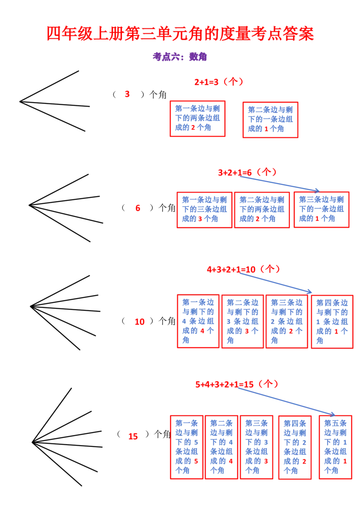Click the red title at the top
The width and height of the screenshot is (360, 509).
pyautogui.click(x=180, y=34)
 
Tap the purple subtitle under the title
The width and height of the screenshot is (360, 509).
pyautogui.click(x=180, y=57)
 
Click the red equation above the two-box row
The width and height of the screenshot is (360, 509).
pyautogui.click(x=219, y=82)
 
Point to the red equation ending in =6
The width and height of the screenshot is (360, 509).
pyautogui.click(x=247, y=172)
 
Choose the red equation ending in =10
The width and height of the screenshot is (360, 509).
pyautogui.click(x=243, y=269)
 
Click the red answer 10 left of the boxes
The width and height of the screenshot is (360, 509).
pyautogui.click(x=140, y=322)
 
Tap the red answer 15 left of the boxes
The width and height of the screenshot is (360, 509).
pyautogui.click(x=133, y=436)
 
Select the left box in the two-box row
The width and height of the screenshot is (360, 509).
pyautogui.click(x=198, y=119)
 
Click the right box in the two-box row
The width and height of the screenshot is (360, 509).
pyautogui.click(x=270, y=119)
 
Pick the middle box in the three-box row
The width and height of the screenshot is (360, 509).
pyautogui.click(x=262, y=210)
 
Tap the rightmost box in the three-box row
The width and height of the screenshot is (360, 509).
pyautogui.click(x=322, y=210)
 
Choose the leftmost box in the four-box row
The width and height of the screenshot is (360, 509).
pyautogui.click(x=198, y=321)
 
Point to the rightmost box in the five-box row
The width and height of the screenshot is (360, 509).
pyautogui.click(x=335, y=447)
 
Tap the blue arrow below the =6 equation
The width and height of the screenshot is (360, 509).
pyautogui.click(x=279, y=183)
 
